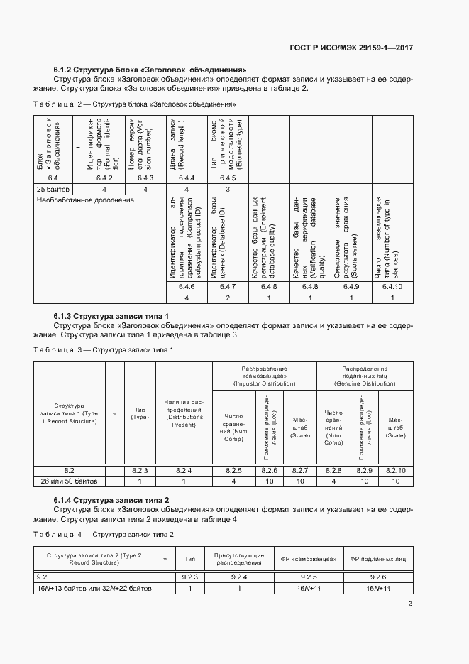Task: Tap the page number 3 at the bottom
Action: pyautogui.click(x=411, y=604)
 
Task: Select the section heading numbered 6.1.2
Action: pyautogui.click(x=150, y=70)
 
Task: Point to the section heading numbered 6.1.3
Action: pyautogui.click(x=111, y=315)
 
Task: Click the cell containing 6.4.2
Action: pyautogui.click(x=104, y=178)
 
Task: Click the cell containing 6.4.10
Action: pyautogui.click(x=392, y=286)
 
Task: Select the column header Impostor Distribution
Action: pyautogui.click(x=265, y=376)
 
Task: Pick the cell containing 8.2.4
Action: pyautogui.click(x=184, y=470)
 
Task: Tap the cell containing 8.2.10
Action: pyautogui.click(x=396, y=470)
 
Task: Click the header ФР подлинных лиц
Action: pyautogui.click(x=378, y=558)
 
